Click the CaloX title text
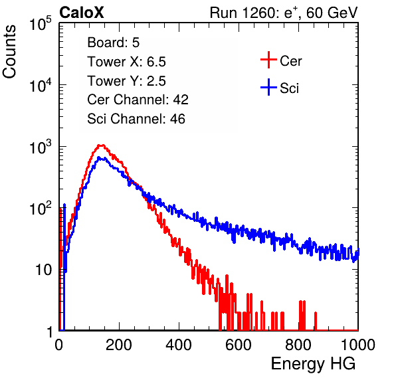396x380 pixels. (x=82, y=13)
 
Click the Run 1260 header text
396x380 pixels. (x=284, y=13)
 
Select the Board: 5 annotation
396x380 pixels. (x=113, y=43)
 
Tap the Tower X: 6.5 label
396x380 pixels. (x=126, y=62)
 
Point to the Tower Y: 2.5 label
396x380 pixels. (x=126, y=81)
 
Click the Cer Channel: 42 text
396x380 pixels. (x=138, y=100)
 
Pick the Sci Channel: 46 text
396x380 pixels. (x=136, y=119)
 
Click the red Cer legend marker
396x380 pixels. (x=268, y=60)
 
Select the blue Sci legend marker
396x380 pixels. (x=268, y=88)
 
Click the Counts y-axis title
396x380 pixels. (x=9, y=52)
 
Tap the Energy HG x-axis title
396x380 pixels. (x=313, y=364)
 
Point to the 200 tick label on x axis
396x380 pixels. (x=119, y=345)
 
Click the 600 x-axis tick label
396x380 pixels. (x=239, y=345)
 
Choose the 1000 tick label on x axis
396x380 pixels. (x=358, y=345)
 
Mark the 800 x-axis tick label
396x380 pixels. (x=298, y=345)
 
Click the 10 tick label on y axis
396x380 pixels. (x=44, y=270)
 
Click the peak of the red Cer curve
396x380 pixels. (x=101, y=145)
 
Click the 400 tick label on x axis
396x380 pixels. (x=179, y=345)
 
